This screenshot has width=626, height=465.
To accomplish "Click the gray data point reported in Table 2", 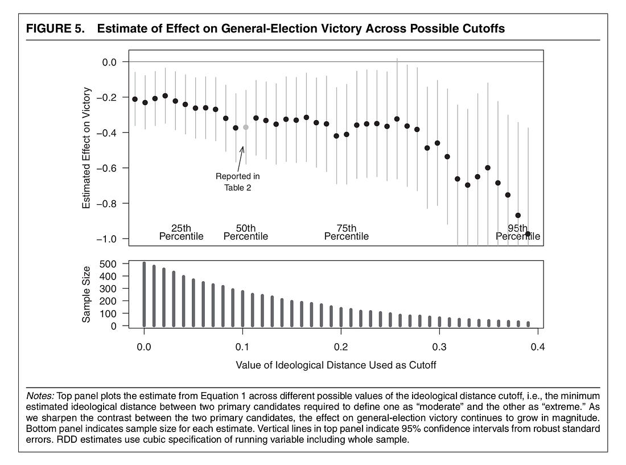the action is [x=245, y=127].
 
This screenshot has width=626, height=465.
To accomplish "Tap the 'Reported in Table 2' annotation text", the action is [x=237, y=182].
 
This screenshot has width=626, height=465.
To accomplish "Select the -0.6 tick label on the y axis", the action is [x=106, y=168].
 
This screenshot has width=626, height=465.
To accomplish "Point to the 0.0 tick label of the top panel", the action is [x=109, y=62].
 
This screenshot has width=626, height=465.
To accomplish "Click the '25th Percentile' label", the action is [x=181, y=232].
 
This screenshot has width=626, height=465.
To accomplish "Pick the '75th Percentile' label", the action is [x=346, y=232].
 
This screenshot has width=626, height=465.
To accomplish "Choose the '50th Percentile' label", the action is [x=245, y=232].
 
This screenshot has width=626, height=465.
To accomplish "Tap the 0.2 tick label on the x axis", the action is [x=341, y=347].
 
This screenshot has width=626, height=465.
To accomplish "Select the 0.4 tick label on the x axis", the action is [x=538, y=347].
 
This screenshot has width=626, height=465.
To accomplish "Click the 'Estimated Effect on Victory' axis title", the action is [x=87, y=147].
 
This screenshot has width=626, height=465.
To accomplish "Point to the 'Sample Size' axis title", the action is [x=87, y=295].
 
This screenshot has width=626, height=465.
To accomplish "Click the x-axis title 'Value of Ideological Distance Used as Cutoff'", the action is [x=336, y=365].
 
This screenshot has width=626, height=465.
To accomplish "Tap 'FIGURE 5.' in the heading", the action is [x=56, y=28].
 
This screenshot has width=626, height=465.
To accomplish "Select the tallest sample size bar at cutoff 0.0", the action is [x=144, y=294].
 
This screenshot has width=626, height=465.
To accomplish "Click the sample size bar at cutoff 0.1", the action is [x=243, y=308].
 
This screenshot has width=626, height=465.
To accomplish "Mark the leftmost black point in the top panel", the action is [x=135, y=99].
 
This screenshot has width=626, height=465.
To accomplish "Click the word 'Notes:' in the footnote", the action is [x=40, y=396].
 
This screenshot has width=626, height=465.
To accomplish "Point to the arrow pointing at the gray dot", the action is [x=240, y=159].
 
